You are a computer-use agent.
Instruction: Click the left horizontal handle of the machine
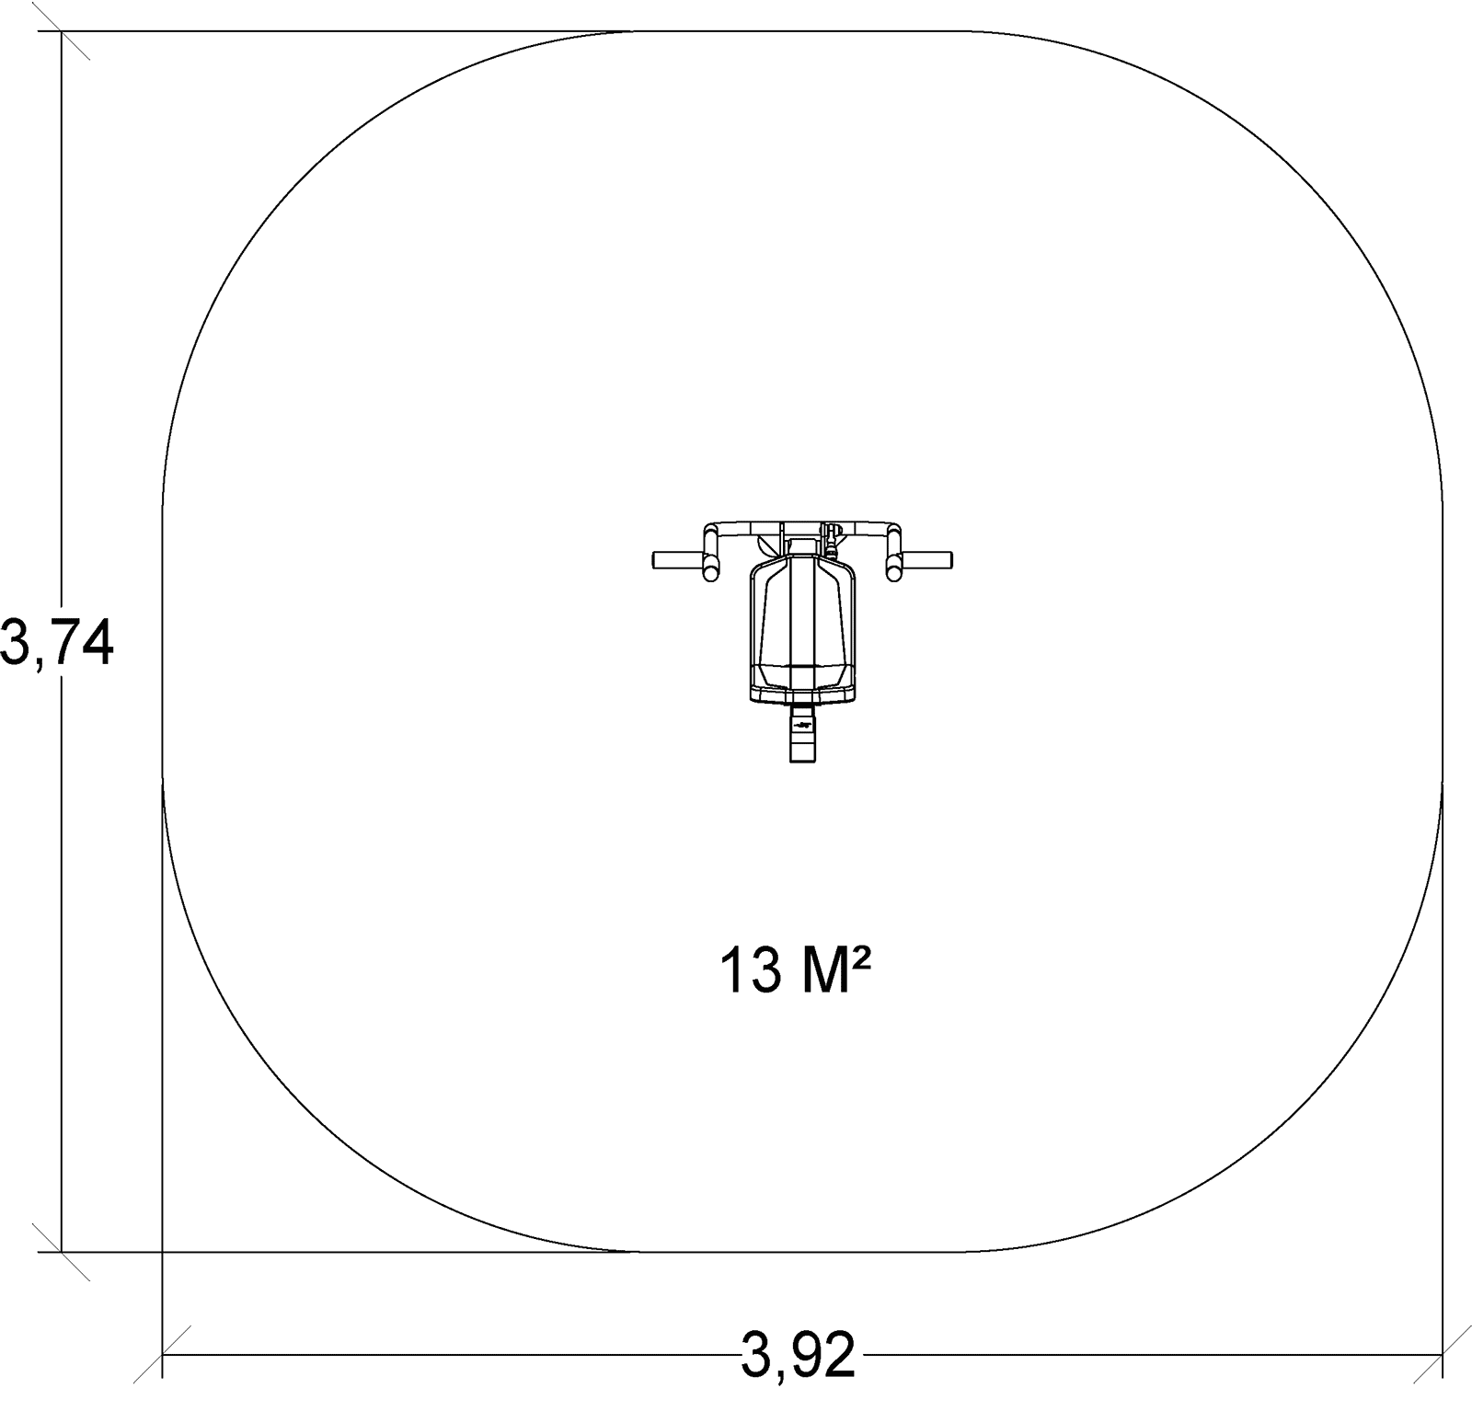[x=678, y=559]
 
